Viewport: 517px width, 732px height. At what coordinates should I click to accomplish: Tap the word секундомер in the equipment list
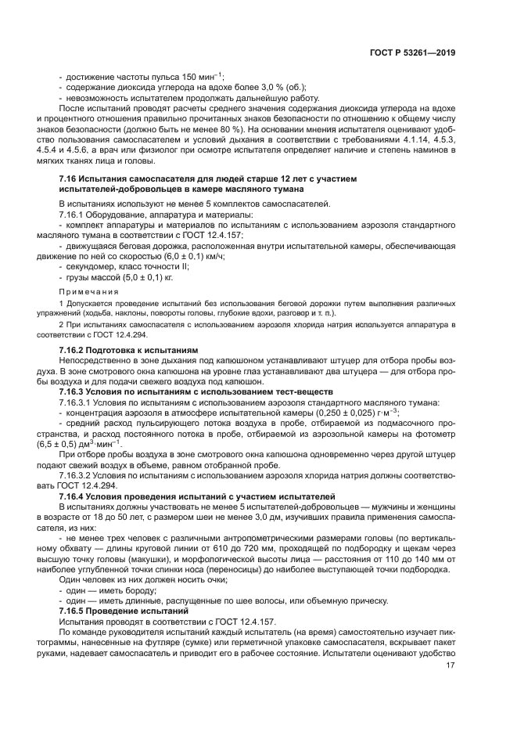(89, 266)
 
